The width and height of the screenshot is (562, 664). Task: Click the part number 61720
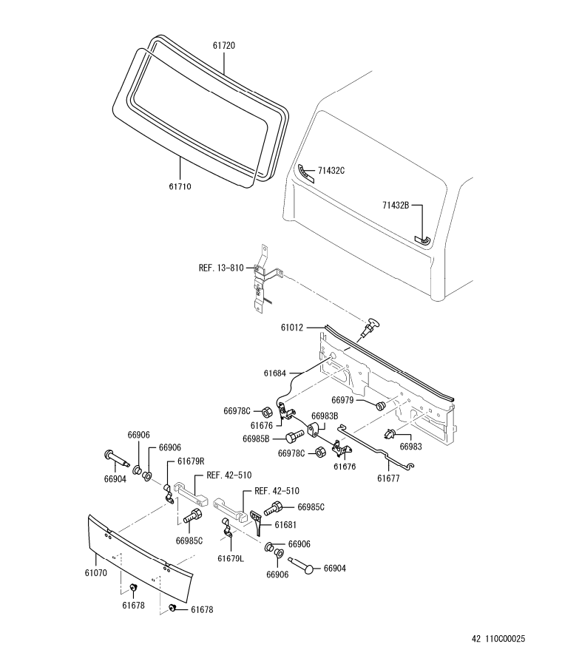point(224,46)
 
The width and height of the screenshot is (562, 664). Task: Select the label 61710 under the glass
point(180,187)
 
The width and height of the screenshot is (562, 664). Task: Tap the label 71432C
point(331,171)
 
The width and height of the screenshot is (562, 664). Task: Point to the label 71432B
point(396,205)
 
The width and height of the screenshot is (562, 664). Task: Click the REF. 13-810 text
point(221,268)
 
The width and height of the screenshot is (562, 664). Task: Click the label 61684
point(274,374)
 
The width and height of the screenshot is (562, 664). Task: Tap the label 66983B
point(325,416)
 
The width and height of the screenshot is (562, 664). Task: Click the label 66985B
point(257,439)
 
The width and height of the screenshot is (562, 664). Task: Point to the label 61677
point(389,478)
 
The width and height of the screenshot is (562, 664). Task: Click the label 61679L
point(231,558)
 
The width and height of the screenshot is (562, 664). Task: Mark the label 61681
point(286,524)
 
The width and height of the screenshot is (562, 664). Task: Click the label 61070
point(96,572)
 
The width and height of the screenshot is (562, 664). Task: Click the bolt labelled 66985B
point(292,436)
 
